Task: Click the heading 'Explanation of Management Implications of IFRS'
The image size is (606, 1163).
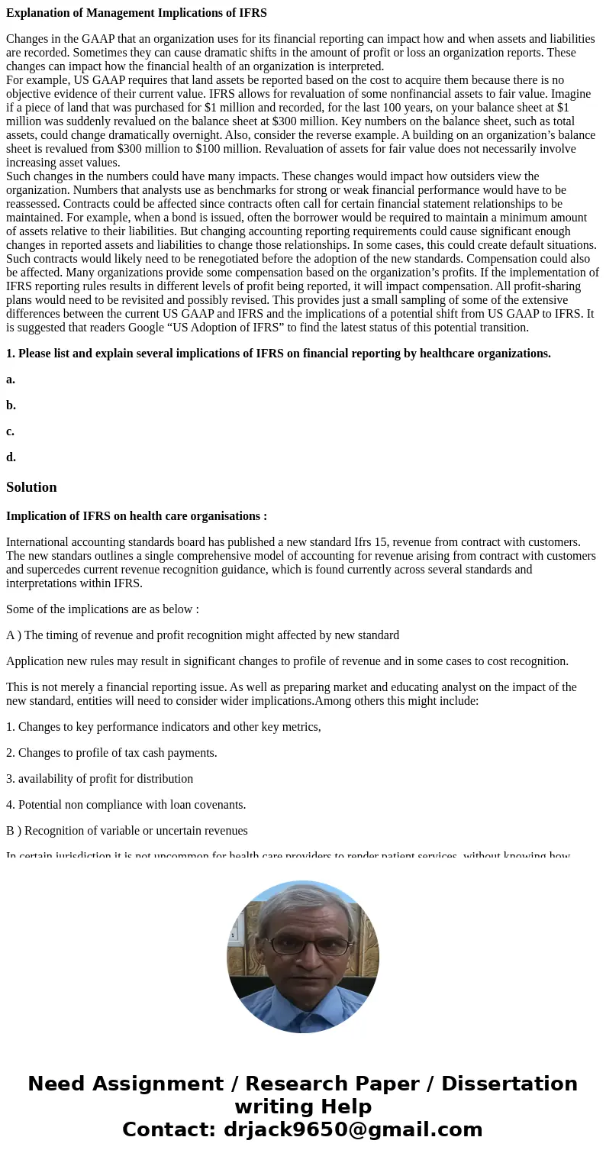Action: [137, 13]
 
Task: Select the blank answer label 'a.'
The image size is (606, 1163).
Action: [11, 380]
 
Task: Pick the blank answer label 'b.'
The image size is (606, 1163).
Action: [11, 405]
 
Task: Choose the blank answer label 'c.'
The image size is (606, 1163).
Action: [11, 431]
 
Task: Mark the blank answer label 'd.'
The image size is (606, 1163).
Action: [11, 457]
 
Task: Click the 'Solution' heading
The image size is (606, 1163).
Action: [31, 487]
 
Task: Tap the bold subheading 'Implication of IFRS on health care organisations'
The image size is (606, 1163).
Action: [136, 516]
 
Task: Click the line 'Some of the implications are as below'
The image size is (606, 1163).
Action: [102, 609]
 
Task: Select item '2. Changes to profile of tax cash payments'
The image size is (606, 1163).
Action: [111, 753]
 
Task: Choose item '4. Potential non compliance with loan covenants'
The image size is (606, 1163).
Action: [126, 805]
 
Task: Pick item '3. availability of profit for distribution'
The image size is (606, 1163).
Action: [99, 779]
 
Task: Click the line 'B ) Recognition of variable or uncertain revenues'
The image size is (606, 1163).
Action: [127, 831]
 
